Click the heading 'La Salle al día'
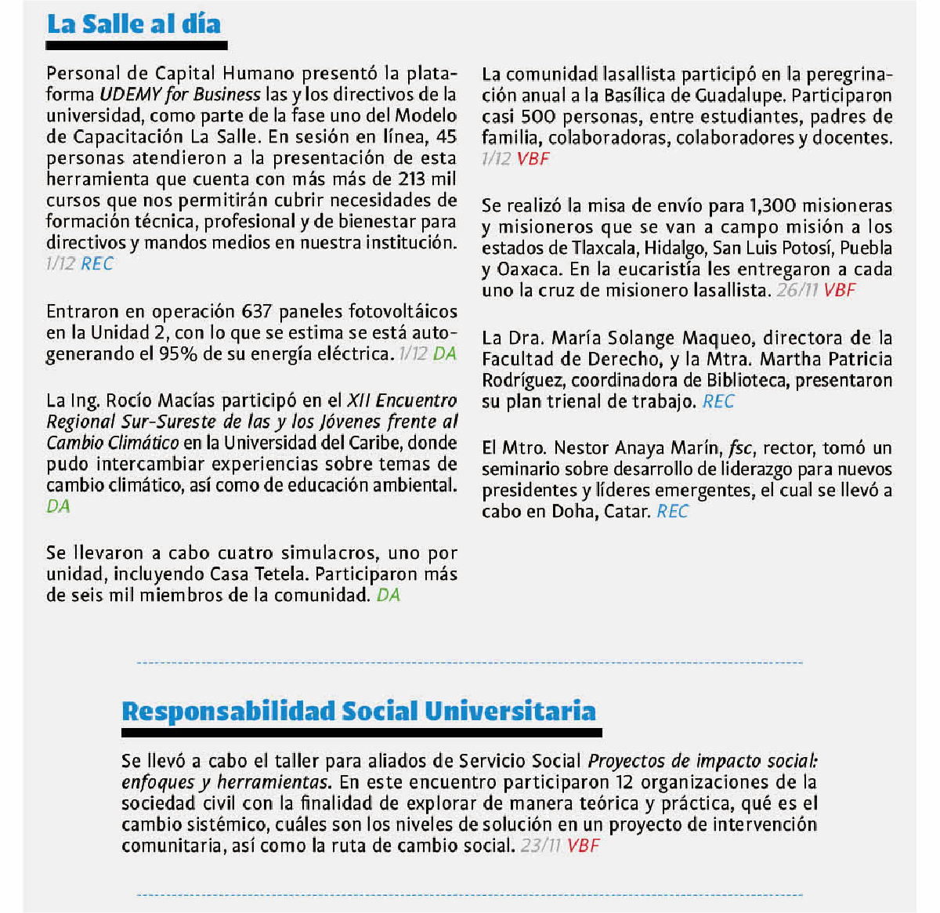134,24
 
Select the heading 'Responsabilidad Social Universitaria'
359,712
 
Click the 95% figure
179,354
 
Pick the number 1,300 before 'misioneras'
772,206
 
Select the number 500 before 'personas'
538,117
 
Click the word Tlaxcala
604,248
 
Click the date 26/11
797,291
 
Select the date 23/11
541,846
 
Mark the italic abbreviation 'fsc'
740,448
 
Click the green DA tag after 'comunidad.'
389,596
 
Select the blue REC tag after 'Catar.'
673,512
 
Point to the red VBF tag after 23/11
584,846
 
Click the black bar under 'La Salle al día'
137,45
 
